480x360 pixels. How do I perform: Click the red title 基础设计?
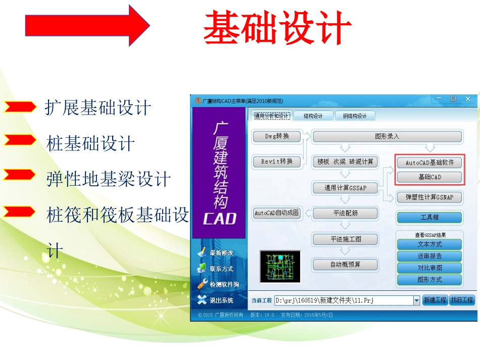(277, 27)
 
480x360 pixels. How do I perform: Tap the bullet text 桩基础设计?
(90, 144)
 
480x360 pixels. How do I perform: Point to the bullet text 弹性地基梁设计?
(109, 179)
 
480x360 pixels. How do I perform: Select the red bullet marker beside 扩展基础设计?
(20, 107)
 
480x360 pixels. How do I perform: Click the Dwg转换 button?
(277, 136)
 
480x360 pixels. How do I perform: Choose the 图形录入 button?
(387, 136)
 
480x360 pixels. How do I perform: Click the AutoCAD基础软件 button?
(429, 163)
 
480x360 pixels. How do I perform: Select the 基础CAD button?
(429, 177)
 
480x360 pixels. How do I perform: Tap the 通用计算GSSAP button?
(345, 188)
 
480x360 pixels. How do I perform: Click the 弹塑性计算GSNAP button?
(429, 197)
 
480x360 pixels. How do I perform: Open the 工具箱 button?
(429, 218)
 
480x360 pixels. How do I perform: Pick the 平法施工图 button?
(345, 239)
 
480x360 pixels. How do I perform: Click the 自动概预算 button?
(345, 264)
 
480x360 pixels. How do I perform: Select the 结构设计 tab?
(313, 116)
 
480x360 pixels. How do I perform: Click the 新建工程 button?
(435, 300)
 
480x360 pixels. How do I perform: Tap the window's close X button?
(468, 99)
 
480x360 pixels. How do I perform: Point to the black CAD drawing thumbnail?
(280, 266)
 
